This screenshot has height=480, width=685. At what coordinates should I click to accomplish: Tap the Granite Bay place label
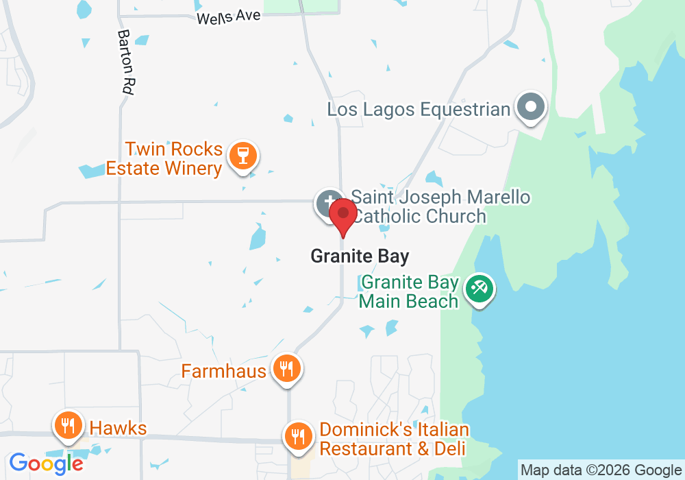(x=360, y=256)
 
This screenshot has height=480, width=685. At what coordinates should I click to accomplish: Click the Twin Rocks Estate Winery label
(x=164, y=159)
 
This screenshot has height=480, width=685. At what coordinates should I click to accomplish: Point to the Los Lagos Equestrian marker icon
(x=531, y=108)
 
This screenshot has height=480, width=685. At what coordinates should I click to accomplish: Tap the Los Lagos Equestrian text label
(x=419, y=109)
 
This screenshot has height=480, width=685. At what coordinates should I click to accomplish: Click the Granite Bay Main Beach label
(x=409, y=291)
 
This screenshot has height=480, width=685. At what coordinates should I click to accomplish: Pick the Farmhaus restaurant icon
(x=284, y=370)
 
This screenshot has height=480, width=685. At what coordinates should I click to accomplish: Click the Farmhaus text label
(x=223, y=371)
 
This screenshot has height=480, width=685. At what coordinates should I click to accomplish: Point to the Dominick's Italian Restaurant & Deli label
(x=394, y=440)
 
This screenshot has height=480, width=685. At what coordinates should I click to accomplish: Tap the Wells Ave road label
(x=229, y=16)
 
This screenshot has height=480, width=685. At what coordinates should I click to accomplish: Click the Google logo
(x=46, y=464)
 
